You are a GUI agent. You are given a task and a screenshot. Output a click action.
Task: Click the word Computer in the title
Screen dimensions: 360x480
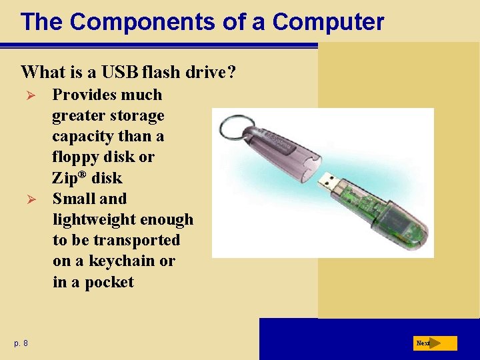[x=328, y=22]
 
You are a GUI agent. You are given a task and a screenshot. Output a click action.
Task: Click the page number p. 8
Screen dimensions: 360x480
[x=21, y=343]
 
